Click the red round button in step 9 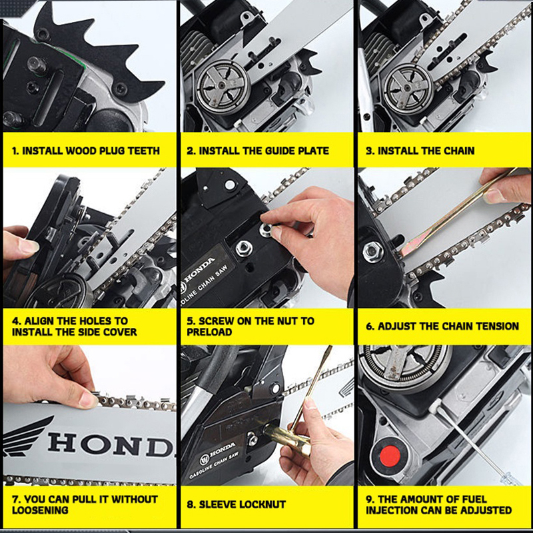(x=390, y=456)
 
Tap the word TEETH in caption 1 (x=143, y=151)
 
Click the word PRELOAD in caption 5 (x=209, y=332)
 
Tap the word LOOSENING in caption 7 (x=40, y=510)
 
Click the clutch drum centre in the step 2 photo (x=221, y=86)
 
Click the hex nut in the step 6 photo (x=373, y=252)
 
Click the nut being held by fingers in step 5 (x=266, y=230)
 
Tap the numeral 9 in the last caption (x=369, y=499)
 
